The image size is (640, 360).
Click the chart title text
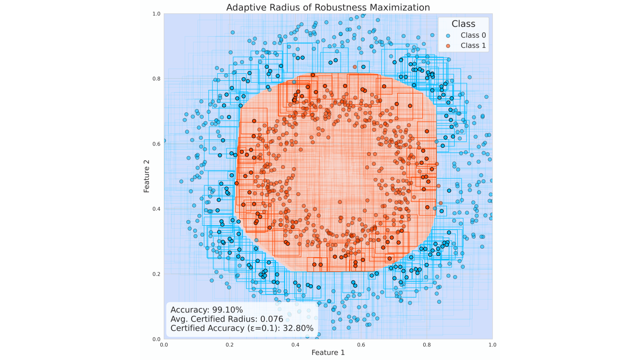(328, 7)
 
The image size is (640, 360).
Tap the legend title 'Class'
(463, 24)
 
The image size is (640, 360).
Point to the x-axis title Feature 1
(328, 352)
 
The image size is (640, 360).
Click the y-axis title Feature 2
(147, 176)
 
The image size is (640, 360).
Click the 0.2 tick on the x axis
(230, 344)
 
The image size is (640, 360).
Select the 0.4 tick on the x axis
(295, 344)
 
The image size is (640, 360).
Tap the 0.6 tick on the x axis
(361, 344)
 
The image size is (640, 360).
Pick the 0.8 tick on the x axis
(427, 344)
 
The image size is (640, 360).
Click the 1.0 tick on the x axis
(492, 344)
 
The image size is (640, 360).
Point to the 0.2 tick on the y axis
(156, 274)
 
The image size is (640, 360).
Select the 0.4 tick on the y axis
(156, 209)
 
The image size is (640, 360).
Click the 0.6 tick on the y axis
(156, 144)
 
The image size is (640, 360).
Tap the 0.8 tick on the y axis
(156, 79)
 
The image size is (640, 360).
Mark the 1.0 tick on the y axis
(156, 14)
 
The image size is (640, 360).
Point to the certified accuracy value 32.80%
(298, 328)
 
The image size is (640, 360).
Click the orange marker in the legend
(448, 46)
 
